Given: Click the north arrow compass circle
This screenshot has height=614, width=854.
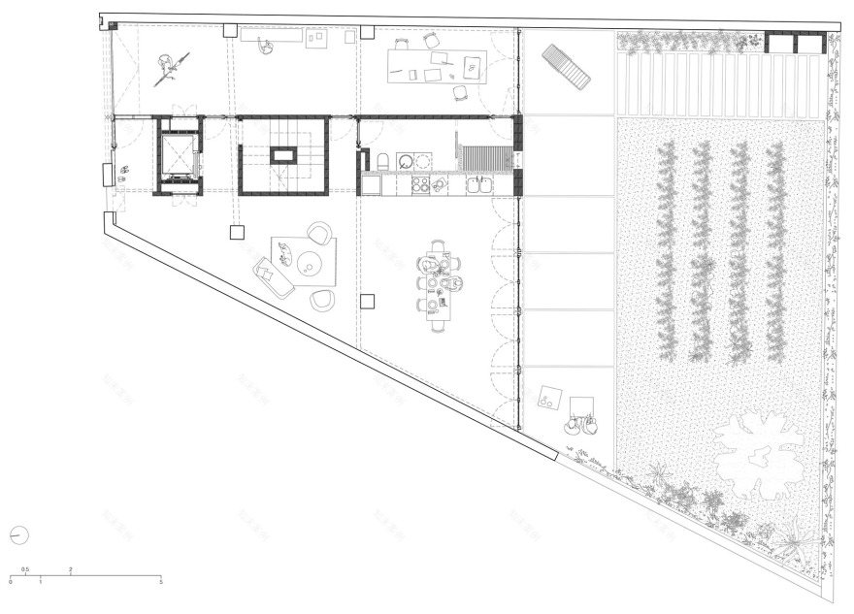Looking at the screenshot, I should pyautogui.click(x=20, y=534).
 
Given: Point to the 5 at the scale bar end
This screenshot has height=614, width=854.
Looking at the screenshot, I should pyautogui.click(x=160, y=581).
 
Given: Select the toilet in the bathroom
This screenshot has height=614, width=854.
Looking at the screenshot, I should pyautogui.click(x=383, y=161).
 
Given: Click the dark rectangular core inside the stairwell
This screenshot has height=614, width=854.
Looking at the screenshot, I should pyautogui.click(x=283, y=155).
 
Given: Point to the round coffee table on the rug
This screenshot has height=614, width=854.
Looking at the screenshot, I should pyautogui.click(x=309, y=262).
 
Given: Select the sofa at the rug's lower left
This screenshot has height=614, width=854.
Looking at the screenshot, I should pyautogui.click(x=273, y=278).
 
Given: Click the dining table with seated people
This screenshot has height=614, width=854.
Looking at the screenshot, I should pyautogui.click(x=438, y=286).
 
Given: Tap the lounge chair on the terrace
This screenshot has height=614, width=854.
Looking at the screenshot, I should pyautogui.click(x=565, y=66).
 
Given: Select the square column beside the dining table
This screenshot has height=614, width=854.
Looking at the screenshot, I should pyautogui.click(x=367, y=301).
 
